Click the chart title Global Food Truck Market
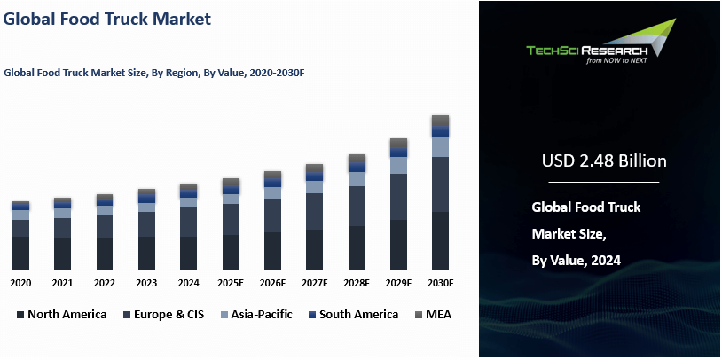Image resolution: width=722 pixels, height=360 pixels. click(107, 19)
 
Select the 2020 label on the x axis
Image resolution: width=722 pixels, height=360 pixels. click(20, 283)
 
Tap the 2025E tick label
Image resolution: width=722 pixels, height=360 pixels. click(231, 283)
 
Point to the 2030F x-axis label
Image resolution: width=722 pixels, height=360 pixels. click(441, 283)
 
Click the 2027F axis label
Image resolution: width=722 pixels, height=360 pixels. click(315, 283)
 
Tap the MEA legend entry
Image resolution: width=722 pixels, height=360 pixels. click(432, 315)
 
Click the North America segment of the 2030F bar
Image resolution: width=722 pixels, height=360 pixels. click(441, 240)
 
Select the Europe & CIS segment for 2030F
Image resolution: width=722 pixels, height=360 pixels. click(441, 184)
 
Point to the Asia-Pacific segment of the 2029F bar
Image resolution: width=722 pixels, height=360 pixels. click(398, 165)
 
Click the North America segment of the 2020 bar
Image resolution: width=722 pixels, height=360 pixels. click(20, 253)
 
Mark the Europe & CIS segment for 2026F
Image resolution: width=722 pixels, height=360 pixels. click(272, 215)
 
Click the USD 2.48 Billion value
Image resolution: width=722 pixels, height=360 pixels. click(603, 161)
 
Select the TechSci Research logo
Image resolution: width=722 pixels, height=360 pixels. click(600, 51)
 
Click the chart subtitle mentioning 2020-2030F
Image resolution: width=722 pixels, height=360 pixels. click(154, 74)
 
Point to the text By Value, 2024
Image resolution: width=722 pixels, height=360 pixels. click(576, 261)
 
